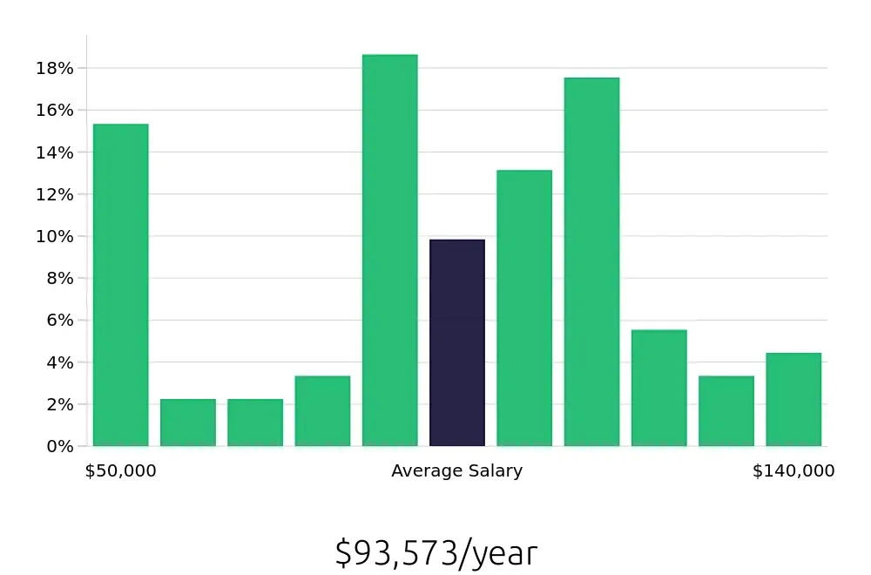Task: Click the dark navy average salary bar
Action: click(457, 343)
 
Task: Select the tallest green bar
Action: click(390, 251)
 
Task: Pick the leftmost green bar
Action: click(121, 286)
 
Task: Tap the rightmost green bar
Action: click(793, 400)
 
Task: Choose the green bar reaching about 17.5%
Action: click(591, 262)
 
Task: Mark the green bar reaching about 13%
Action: click(524, 308)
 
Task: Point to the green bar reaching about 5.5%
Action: click(659, 389)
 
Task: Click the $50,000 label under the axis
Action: click(121, 471)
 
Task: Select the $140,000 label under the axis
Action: click(793, 471)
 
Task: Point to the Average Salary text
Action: click(457, 471)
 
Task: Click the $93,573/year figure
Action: click(436, 553)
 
